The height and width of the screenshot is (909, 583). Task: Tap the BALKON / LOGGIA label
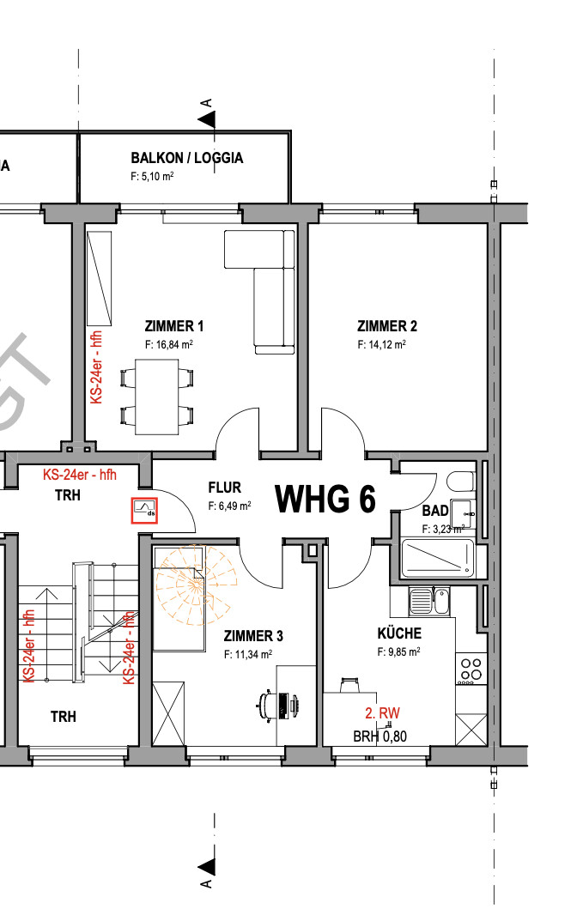[x=187, y=158]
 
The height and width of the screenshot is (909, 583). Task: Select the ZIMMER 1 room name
[x=174, y=326]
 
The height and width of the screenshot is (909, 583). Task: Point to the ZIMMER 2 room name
[x=387, y=326]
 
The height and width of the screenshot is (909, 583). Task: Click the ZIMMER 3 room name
[x=253, y=636]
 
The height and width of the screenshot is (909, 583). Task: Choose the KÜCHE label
[x=399, y=633]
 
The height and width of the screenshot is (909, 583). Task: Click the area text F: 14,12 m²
[x=382, y=344]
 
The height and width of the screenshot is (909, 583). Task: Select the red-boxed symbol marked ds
[x=144, y=511]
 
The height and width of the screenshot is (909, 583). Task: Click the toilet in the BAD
[x=462, y=482]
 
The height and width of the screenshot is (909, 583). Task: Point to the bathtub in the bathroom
[x=438, y=558]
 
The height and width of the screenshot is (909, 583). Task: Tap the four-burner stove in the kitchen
[x=469, y=669]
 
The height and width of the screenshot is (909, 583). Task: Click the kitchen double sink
[x=429, y=601]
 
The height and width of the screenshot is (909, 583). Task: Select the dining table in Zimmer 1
[x=156, y=397]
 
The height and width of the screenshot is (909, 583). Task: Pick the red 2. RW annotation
[x=382, y=713]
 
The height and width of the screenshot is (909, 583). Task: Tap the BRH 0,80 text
[x=380, y=736]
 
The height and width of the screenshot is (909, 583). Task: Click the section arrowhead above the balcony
[x=207, y=120]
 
